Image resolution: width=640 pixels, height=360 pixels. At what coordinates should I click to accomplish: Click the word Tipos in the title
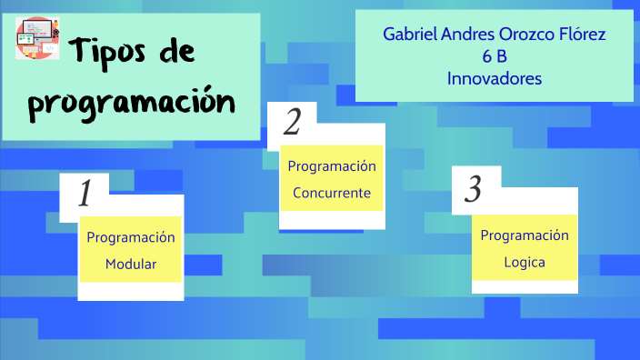tap(111, 52)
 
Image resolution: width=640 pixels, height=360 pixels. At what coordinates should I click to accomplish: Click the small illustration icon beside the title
tap(37, 39)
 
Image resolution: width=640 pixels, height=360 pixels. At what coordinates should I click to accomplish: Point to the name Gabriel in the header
tap(409, 35)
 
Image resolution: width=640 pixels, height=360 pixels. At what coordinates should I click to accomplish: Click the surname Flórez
tap(579, 35)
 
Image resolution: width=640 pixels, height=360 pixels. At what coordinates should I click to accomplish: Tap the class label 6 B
tap(495, 56)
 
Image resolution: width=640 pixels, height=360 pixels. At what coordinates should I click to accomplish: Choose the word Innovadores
tap(495, 79)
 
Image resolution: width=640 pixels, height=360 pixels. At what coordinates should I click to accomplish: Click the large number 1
tap(85, 194)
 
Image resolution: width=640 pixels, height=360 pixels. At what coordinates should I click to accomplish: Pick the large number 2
tap(292, 122)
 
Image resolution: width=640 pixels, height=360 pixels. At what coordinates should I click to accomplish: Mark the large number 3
tap(473, 189)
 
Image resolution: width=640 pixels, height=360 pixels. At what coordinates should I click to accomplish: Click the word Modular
tap(131, 265)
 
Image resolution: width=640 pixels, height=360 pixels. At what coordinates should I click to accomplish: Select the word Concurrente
tap(332, 193)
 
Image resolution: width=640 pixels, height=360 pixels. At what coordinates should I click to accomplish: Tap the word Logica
tap(525, 263)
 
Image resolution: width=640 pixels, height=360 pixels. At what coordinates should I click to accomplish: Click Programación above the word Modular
tap(131, 237)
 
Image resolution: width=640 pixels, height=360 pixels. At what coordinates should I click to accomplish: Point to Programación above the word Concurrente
tap(332, 166)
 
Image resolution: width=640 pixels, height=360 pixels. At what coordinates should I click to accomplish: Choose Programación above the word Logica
tap(525, 236)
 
